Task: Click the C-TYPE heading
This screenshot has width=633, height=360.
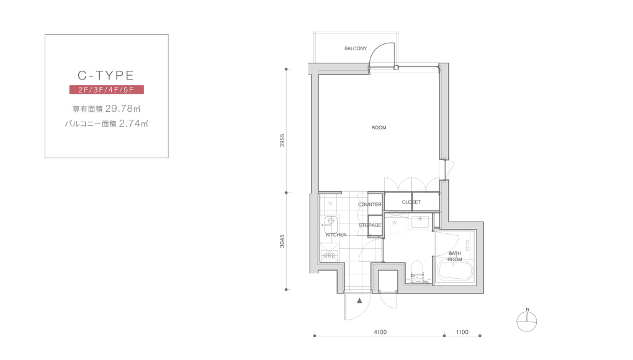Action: click(x=105, y=76)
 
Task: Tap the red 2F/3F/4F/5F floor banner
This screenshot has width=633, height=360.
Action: click(x=107, y=89)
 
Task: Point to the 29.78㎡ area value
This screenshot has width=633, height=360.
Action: click(x=123, y=109)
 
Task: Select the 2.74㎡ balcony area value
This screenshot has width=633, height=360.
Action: click(x=133, y=124)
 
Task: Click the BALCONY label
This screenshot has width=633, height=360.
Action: click(x=356, y=48)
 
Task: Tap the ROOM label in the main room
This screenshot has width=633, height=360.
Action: click(x=379, y=127)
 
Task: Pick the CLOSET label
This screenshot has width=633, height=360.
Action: click(x=411, y=202)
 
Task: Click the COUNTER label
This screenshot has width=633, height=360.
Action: click(x=369, y=205)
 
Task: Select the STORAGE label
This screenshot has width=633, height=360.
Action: click(x=370, y=225)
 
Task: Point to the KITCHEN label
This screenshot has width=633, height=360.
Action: click(x=336, y=235)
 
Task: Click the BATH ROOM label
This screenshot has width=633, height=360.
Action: click(x=454, y=256)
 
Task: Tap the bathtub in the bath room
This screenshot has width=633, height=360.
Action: click(x=455, y=272)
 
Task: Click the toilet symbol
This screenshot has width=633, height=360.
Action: click(x=416, y=271)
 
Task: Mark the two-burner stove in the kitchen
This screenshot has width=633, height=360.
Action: click(x=330, y=255)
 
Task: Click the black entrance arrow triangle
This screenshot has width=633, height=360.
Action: click(x=359, y=300)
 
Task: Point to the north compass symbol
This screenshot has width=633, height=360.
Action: click(x=527, y=322)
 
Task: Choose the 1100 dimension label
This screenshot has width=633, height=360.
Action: click(x=462, y=332)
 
